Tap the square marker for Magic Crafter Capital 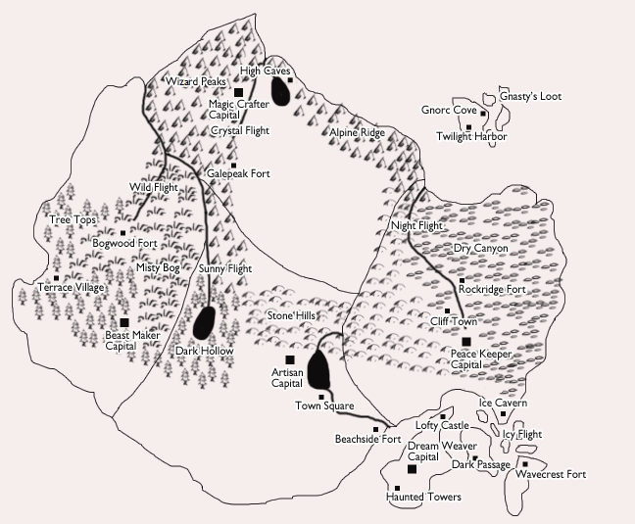(238, 92)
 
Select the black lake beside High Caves (281, 91)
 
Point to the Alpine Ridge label (357, 132)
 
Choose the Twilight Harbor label (471, 137)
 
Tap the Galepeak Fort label (239, 174)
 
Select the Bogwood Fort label (125, 243)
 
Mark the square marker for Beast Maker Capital (124, 321)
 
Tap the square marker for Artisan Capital (288, 360)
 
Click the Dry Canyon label (480, 249)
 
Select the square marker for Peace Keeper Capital (465, 341)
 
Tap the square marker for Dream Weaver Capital (412, 469)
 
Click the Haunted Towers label (422, 498)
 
